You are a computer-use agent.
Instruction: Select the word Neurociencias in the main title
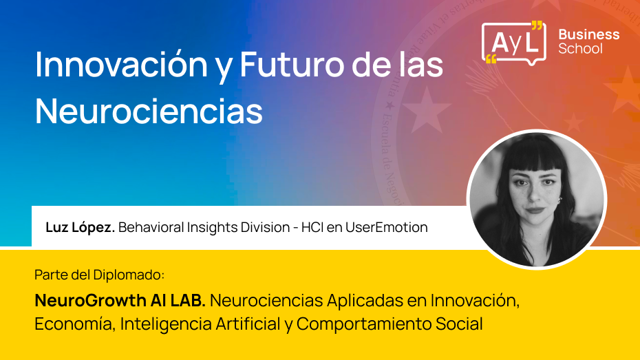pyautogui.click(x=149, y=110)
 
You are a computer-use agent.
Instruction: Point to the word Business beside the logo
pyautogui.click(x=588, y=34)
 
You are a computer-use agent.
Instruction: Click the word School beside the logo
pyautogui.click(x=580, y=49)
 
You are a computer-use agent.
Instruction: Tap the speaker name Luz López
pyautogui.click(x=80, y=227)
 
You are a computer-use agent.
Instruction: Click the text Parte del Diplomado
pyautogui.click(x=100, y=275)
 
